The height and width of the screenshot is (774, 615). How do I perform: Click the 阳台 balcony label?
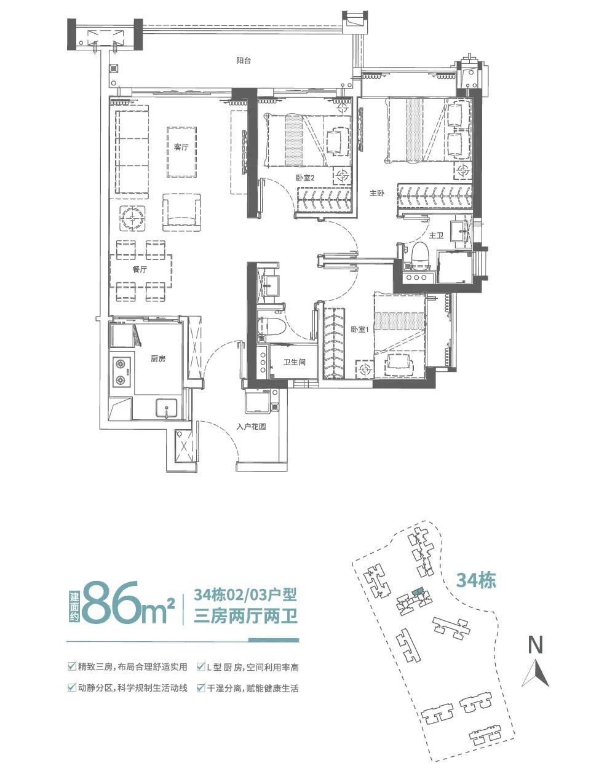pos(244,61)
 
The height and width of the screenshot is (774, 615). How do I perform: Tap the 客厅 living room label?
pos(181,148)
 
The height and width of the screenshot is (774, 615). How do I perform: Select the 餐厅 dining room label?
pos(140,270)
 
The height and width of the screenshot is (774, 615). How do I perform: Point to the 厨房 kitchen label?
pos(158,358)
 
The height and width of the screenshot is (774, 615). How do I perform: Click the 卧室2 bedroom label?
pos(305,178)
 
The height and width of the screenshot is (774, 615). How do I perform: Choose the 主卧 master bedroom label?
pos(376,193)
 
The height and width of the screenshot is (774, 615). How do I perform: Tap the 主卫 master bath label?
pos(436,235)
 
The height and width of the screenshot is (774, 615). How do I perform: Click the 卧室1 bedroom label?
pos(359,330)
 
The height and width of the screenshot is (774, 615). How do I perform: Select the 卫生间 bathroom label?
pos(295,363)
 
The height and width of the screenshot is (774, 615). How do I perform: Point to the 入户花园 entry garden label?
pos(251,426)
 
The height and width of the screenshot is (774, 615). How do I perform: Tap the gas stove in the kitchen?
pos(121,373)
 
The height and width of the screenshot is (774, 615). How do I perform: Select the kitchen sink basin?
pos(166,408)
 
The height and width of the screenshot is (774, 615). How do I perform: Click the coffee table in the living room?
pos(181,151)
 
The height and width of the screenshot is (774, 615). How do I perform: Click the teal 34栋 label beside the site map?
pos(476,580)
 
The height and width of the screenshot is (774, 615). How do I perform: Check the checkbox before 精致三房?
pos(72,667)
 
